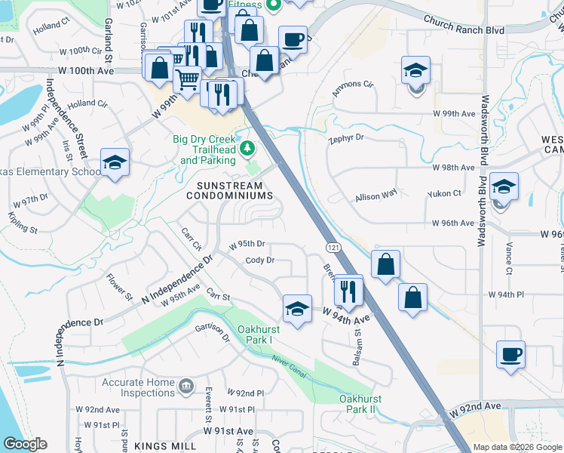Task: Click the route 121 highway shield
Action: pos(332,248)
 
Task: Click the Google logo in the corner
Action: pos(25,444)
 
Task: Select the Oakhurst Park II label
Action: pos(357,403)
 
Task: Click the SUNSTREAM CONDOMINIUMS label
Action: pos(229,191)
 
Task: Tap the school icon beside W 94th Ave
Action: pos(298,308)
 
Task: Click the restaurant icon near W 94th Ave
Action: pos(348,289)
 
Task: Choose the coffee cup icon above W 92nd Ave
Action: pos(510,354)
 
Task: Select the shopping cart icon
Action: pos(187,78)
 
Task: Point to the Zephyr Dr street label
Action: pos(346,139)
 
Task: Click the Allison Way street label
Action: pos(376,196)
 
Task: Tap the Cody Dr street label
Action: pos(259,260)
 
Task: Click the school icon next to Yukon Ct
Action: pos(504,186)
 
